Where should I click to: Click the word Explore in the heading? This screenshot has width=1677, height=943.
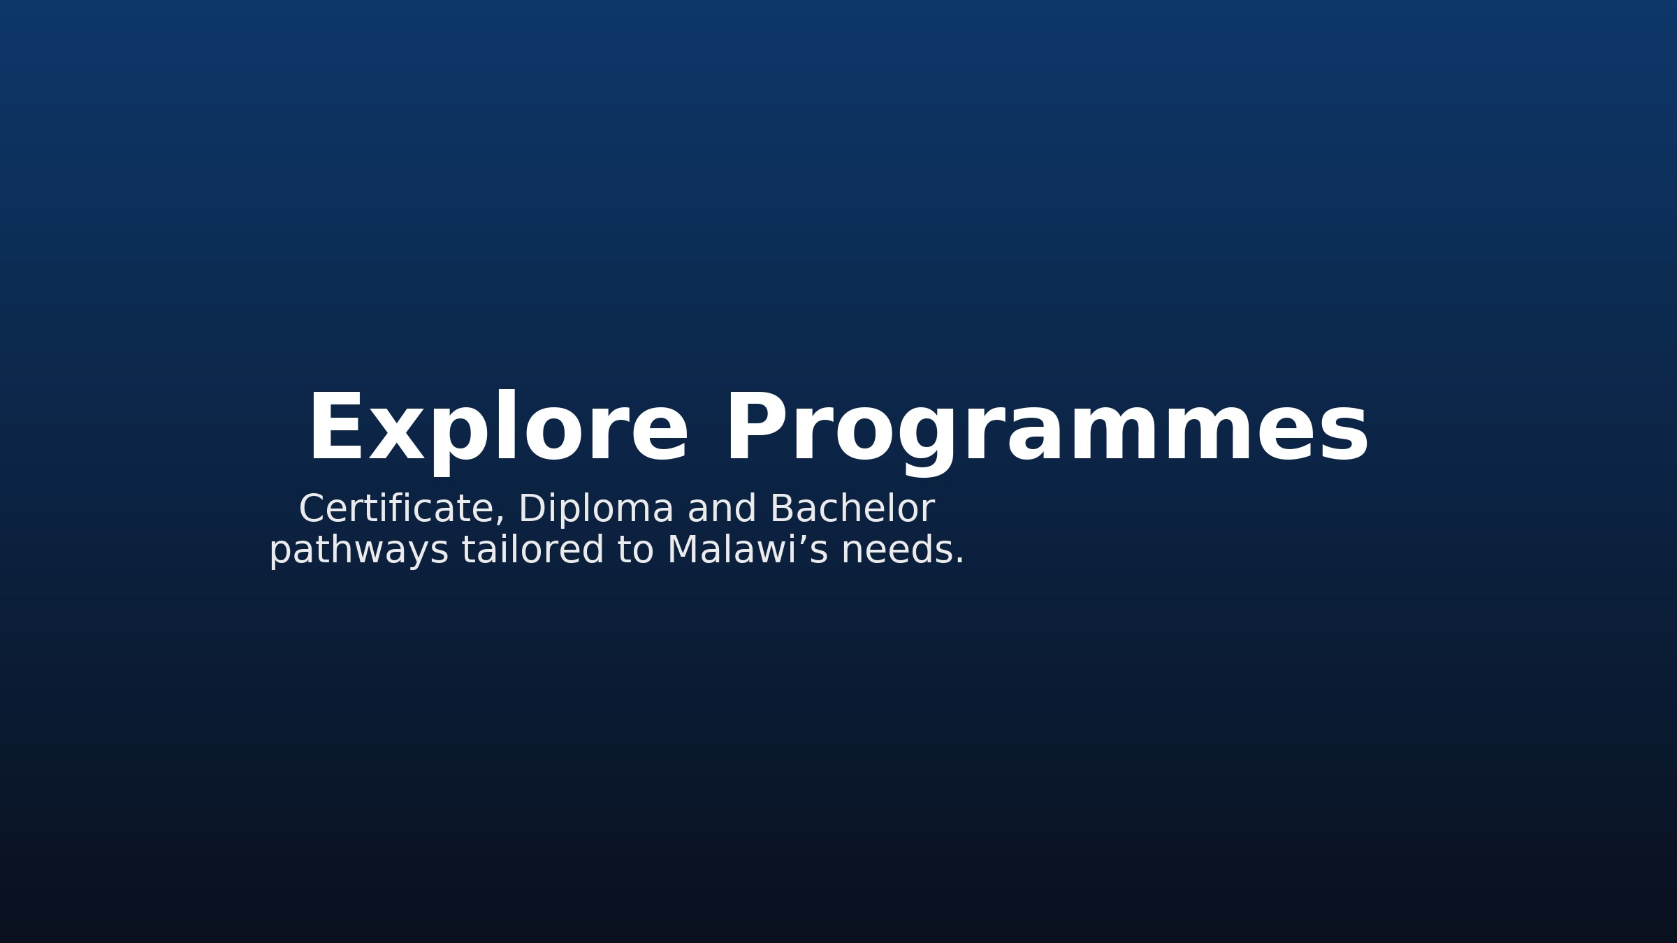(x=498, y=427)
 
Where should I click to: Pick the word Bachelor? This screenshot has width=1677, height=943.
(x=852, y=509)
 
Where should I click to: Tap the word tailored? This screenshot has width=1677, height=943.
(x=532, y=550)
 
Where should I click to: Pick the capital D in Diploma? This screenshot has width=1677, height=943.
(x=532, y=509)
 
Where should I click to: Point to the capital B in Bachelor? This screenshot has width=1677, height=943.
(x=782, y=509)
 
